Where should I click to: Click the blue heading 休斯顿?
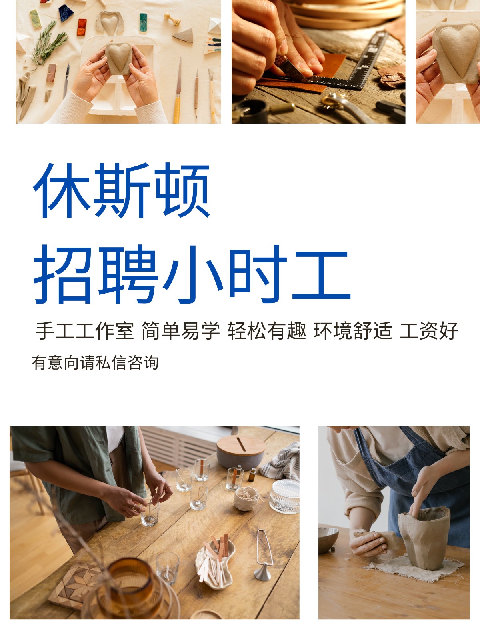[x=122, y=190]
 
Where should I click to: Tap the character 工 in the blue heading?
[x=321, y=275]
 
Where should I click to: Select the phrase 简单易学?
[x=181, y=331]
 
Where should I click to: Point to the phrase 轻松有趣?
[x=267, y=331]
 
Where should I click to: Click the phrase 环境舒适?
[x=353, y=331]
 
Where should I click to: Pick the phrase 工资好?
[x=429, y=331]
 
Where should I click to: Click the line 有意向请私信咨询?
[x=95, y=363]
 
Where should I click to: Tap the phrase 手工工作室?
[x=85, y=331]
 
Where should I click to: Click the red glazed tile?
[x=82, y=27]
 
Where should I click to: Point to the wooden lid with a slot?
[x=241, y=445]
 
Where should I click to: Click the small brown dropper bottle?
[x=252, y=476]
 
